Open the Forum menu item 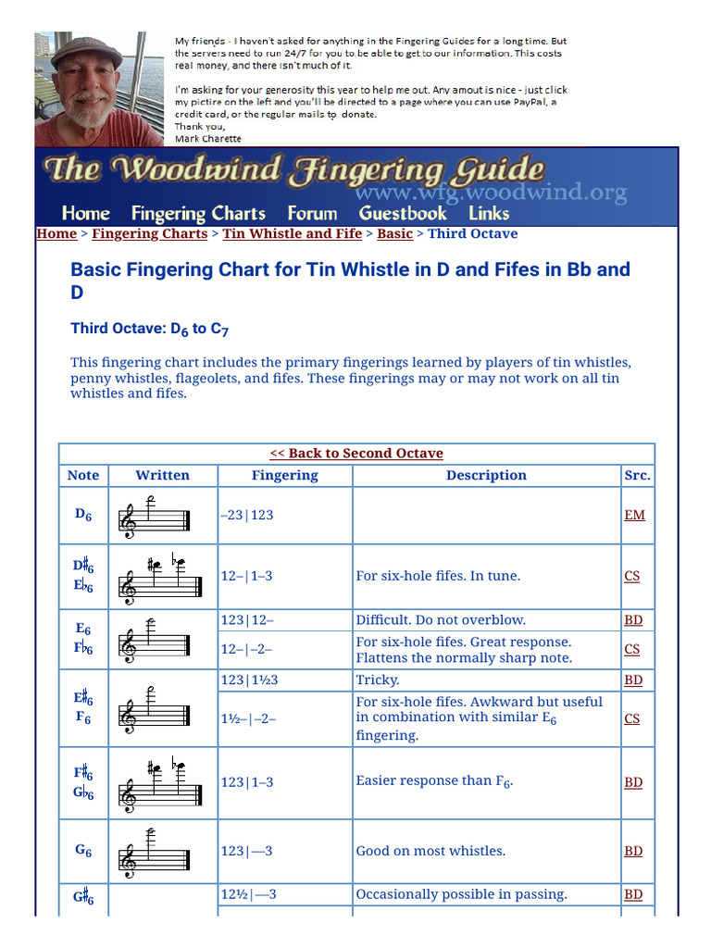pos(312,214)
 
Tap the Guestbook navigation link pos(403,214)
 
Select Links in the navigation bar pos(489,214)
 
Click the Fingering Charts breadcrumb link pos(149,234)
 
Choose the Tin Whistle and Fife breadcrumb pos(292,234)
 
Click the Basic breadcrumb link pos(394,234)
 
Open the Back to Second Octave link pos(356,454)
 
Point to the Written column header pos(162,476)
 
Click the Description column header pos(486,476)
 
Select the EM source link pos(634,515)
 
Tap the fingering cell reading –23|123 pos(247,515)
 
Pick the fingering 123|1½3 pos(249,680)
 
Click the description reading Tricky pos(379,680)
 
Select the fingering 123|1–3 pos(247,782)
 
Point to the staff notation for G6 pos(154,852)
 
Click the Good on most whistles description pos(430,851)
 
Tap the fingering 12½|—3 pos(248,894)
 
